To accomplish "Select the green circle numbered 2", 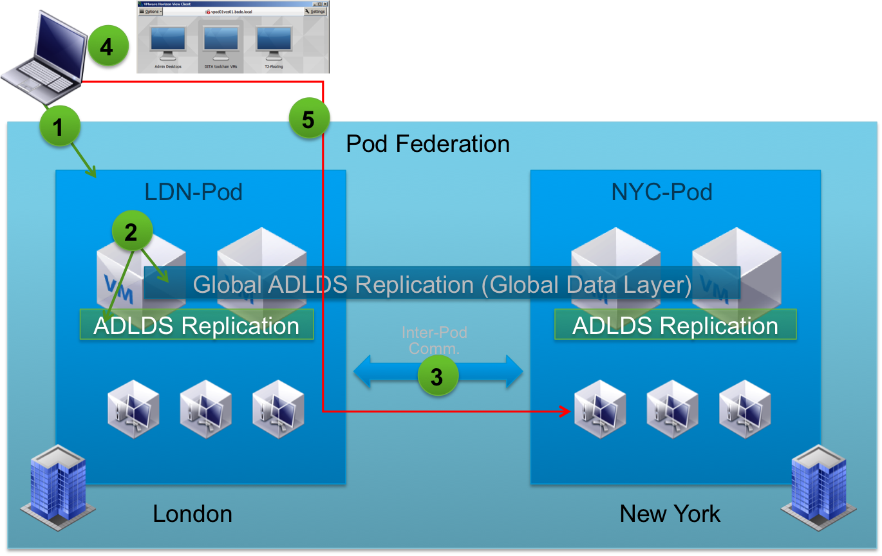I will [x=131, y=232].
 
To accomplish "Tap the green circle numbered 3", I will [x=437, y=376].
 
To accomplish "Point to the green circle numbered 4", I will [x=108, y=46].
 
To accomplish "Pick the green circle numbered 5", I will [x=308, y=119].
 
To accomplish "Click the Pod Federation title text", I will [x=427, y=144].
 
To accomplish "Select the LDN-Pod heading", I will [x=193, y=192].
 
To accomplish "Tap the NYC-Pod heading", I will [x=662, y=192].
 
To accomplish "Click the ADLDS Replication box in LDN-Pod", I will [x=196, y=325].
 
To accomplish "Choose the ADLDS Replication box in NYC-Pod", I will [x=675, y=325].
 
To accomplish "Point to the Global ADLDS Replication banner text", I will [x=442, y=284].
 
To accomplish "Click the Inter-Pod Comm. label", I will [x=434, y=340].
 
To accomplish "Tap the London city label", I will [x=192, y=514].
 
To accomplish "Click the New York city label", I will [x=670, y=514].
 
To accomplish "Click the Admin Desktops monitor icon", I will [x=168, y=42].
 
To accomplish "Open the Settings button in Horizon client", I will [x=315, y=11].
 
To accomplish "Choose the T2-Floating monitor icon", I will [x=274, y=42].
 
